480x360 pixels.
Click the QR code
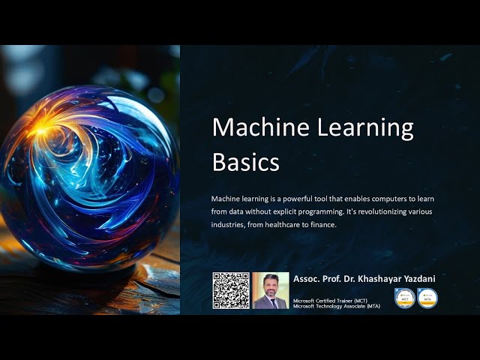click(230, 290)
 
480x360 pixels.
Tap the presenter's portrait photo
click(270, 290)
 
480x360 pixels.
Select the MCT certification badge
click(405, 298)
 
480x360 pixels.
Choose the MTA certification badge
click(427, 298)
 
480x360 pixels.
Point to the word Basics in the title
click(246, 162)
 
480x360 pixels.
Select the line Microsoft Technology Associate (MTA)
click(336, 307)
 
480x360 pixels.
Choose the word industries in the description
click(229, 224)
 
